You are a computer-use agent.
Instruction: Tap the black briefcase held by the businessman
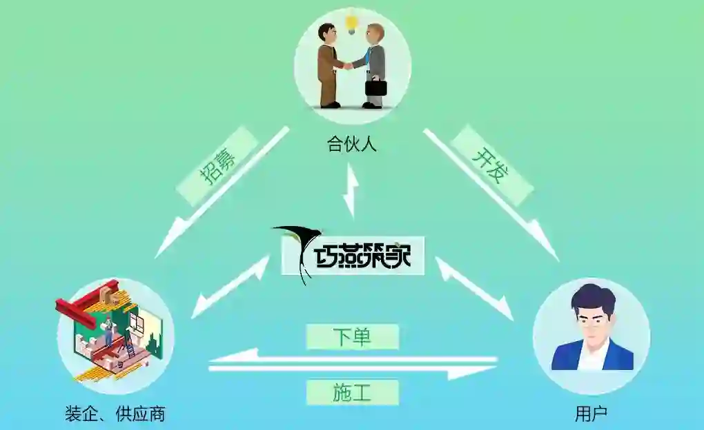click(376, 88)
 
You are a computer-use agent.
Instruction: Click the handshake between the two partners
click(348, 66)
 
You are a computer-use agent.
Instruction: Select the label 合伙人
click(352, 145)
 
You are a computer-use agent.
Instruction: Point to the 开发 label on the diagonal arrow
click(491, 166)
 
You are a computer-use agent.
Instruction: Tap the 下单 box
click(352, 336)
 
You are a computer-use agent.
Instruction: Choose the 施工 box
click(352, 392)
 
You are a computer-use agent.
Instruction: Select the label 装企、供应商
click(115, 414)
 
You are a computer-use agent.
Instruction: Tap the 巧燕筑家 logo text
click(362, 256)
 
